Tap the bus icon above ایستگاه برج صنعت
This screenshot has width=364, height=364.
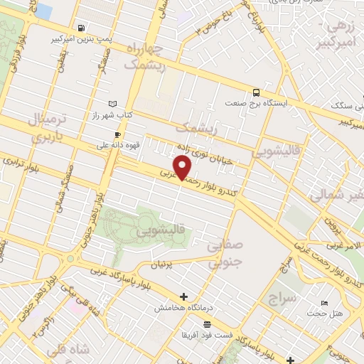click(255, 92)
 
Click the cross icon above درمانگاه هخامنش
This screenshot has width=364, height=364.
click(183, 296)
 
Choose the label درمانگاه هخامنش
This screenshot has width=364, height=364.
click(183, 309)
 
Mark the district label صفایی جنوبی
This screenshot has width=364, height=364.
click(225, 254)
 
